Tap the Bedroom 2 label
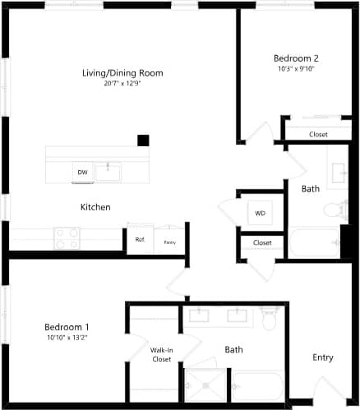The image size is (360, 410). pos(296,58)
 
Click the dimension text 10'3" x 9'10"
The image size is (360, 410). pos(296,69)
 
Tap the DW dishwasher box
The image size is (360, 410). pos(82,173)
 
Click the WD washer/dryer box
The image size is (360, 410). pos(260,214)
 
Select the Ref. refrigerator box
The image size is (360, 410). pos(140,241)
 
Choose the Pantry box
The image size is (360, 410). pos(169,242)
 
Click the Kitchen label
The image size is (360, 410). pos(95,207)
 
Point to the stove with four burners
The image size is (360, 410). pos(67,238)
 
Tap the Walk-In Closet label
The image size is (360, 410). pos(161,355)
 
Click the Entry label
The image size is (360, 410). pos(323,357)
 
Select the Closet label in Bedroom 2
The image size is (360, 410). pos(318,135)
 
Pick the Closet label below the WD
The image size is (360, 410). pos(262,243)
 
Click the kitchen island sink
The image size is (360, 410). pos(108,171)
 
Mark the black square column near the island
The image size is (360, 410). pos(143,141)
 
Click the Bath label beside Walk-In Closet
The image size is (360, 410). pos(233,350)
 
